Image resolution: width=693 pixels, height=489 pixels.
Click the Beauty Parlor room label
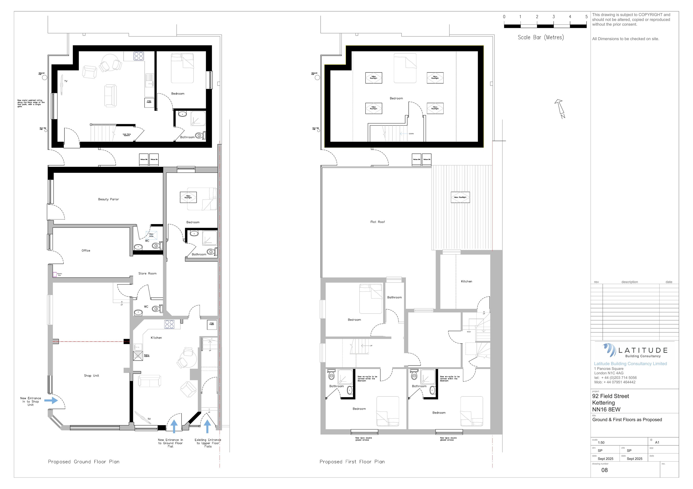(108, 199)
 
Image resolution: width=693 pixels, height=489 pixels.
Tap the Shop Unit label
(91, 376)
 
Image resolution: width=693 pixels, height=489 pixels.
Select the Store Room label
(147, 273)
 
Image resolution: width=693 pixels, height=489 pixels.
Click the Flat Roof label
(378, 222)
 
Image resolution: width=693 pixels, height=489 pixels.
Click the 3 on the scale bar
(553, 17)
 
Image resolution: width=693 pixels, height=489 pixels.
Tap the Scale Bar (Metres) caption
(541, 37)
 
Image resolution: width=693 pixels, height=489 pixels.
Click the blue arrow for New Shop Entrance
(51, 400)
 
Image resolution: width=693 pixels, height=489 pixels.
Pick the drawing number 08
(604, 470)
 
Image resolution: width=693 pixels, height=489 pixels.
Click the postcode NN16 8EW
(606, 409)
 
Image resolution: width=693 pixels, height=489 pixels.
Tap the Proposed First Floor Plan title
(352, 462)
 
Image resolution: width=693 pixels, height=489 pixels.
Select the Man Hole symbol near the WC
(151, 235)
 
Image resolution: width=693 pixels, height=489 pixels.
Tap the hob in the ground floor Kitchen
(169, 324)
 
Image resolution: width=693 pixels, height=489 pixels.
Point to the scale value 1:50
(601, 443)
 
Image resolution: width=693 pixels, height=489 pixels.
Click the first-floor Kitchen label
(466, 281)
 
